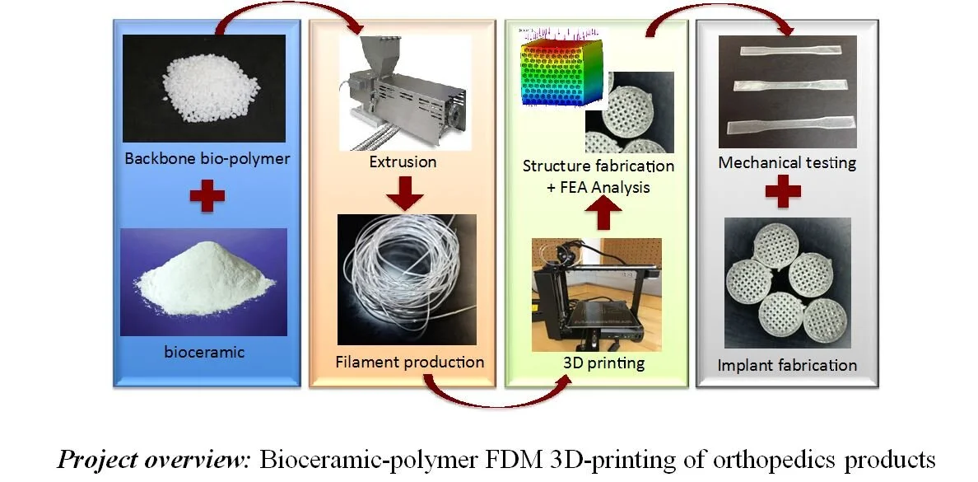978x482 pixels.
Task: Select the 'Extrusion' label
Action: click(x=404, y=161)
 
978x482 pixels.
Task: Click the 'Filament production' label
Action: click(x=410, y=362)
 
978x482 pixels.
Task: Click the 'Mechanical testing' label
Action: click(x=787, y=162)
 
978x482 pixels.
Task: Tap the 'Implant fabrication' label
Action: click(x=787, y=364)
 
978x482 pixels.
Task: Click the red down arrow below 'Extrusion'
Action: click(x=404, y=191)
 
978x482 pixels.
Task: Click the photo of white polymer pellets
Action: click(x=205, y=89)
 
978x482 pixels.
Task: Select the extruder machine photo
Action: click(x=404, y=91)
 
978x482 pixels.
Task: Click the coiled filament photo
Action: click(x=407, y=278)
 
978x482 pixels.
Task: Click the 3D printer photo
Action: click(x=596, y=292)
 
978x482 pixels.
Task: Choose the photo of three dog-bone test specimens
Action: click(x=787, y=89)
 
